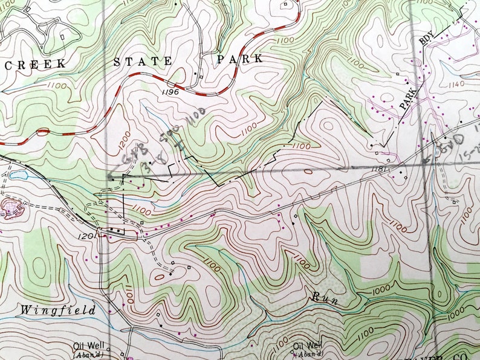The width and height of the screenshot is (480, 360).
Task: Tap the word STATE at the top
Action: [143, 61]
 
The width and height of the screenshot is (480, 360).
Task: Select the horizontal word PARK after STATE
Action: [240, 59]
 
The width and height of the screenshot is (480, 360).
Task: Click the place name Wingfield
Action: [58, 310]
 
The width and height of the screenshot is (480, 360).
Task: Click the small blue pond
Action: [18, 175]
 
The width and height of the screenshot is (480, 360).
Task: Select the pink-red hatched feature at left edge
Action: [11, 208]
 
